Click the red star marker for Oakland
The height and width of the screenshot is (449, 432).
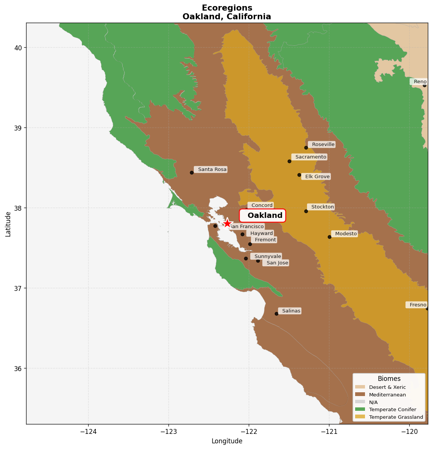[x=227, y=223]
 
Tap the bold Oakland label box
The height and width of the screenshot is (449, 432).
[x=263, y=216]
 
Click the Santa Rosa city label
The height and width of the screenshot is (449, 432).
[x=211, y=169]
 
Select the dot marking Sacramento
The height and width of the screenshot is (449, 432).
[x=289, y=161]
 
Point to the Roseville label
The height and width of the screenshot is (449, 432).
[x=322, y=144]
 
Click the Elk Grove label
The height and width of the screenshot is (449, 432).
[x=316, y=177]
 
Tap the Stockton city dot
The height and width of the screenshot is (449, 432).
[x=306, y=211]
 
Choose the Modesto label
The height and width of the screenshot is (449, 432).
[x=345, y=234]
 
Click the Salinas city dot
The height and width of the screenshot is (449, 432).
[x=276, y=314]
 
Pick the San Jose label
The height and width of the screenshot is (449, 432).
[x=276, y=263]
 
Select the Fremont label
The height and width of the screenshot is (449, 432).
[x=264, y=240]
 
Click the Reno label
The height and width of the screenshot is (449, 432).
[x=419, y=82]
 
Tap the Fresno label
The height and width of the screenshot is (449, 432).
[x=416, y=305]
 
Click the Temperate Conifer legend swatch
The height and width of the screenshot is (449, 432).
[x=360, y=409]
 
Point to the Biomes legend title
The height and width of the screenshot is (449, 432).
[x=389, y=379]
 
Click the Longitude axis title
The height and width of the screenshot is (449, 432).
[x=227, y=441]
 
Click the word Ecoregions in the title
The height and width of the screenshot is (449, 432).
[x=227, y=8]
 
